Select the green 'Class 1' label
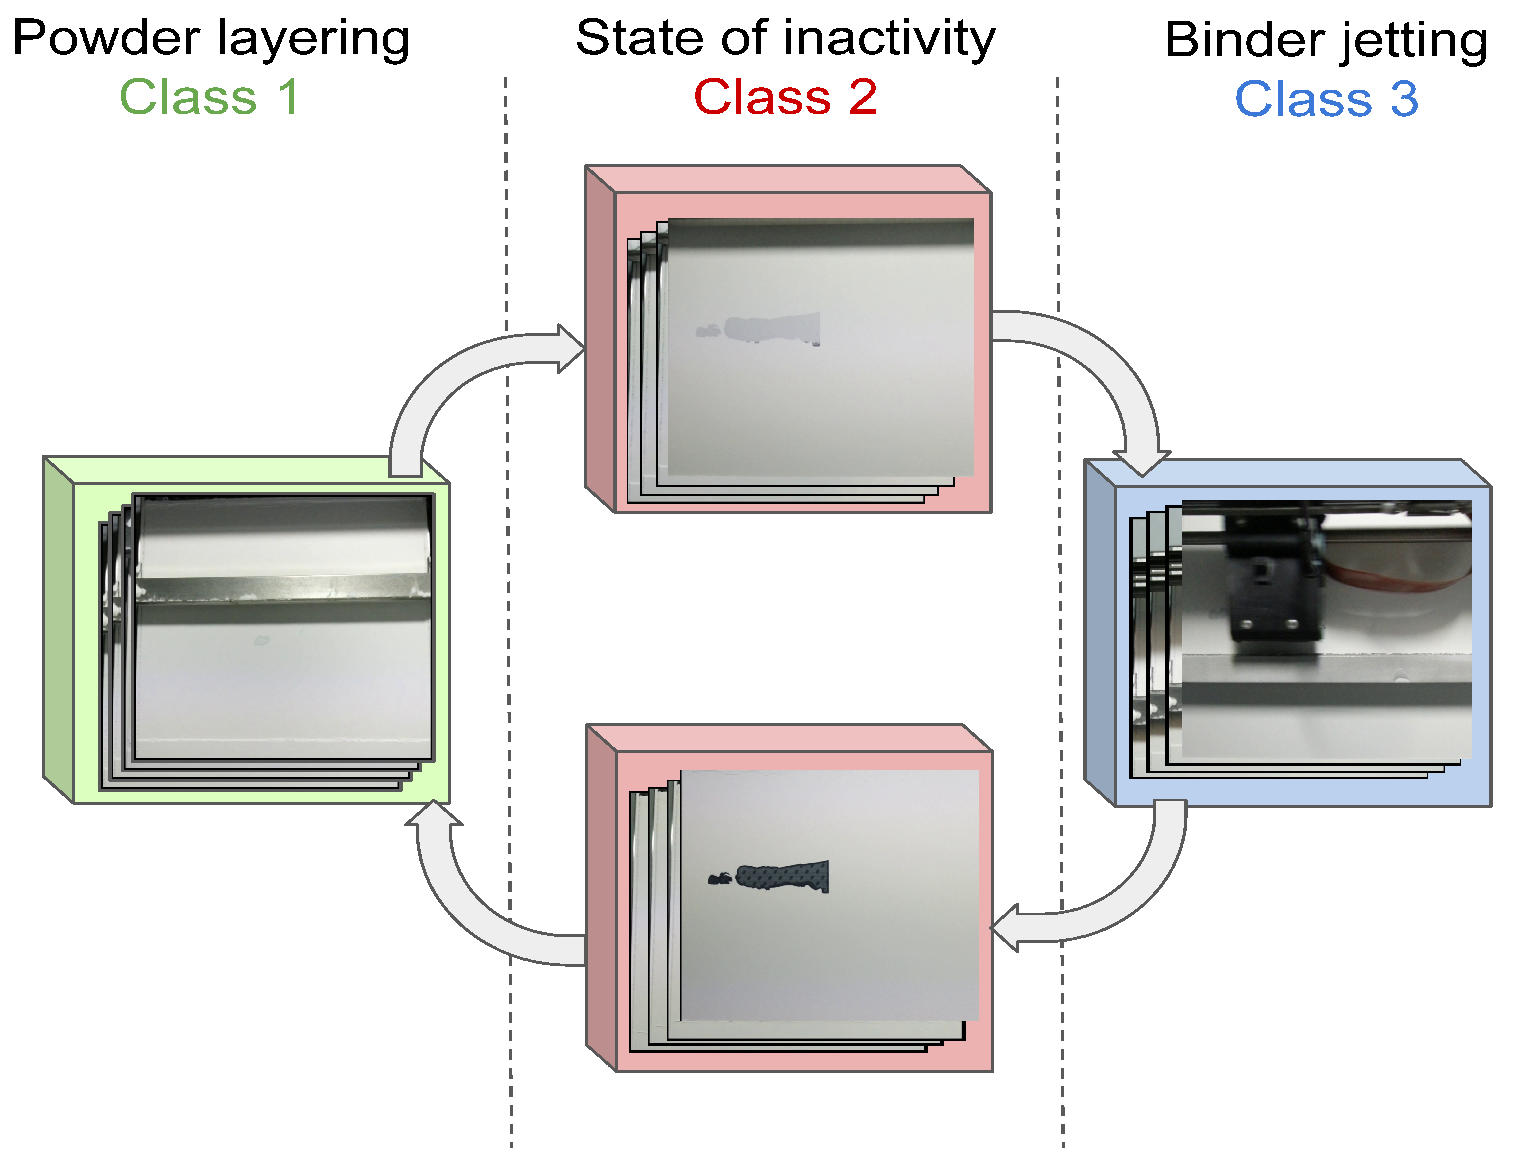point(209,97)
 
